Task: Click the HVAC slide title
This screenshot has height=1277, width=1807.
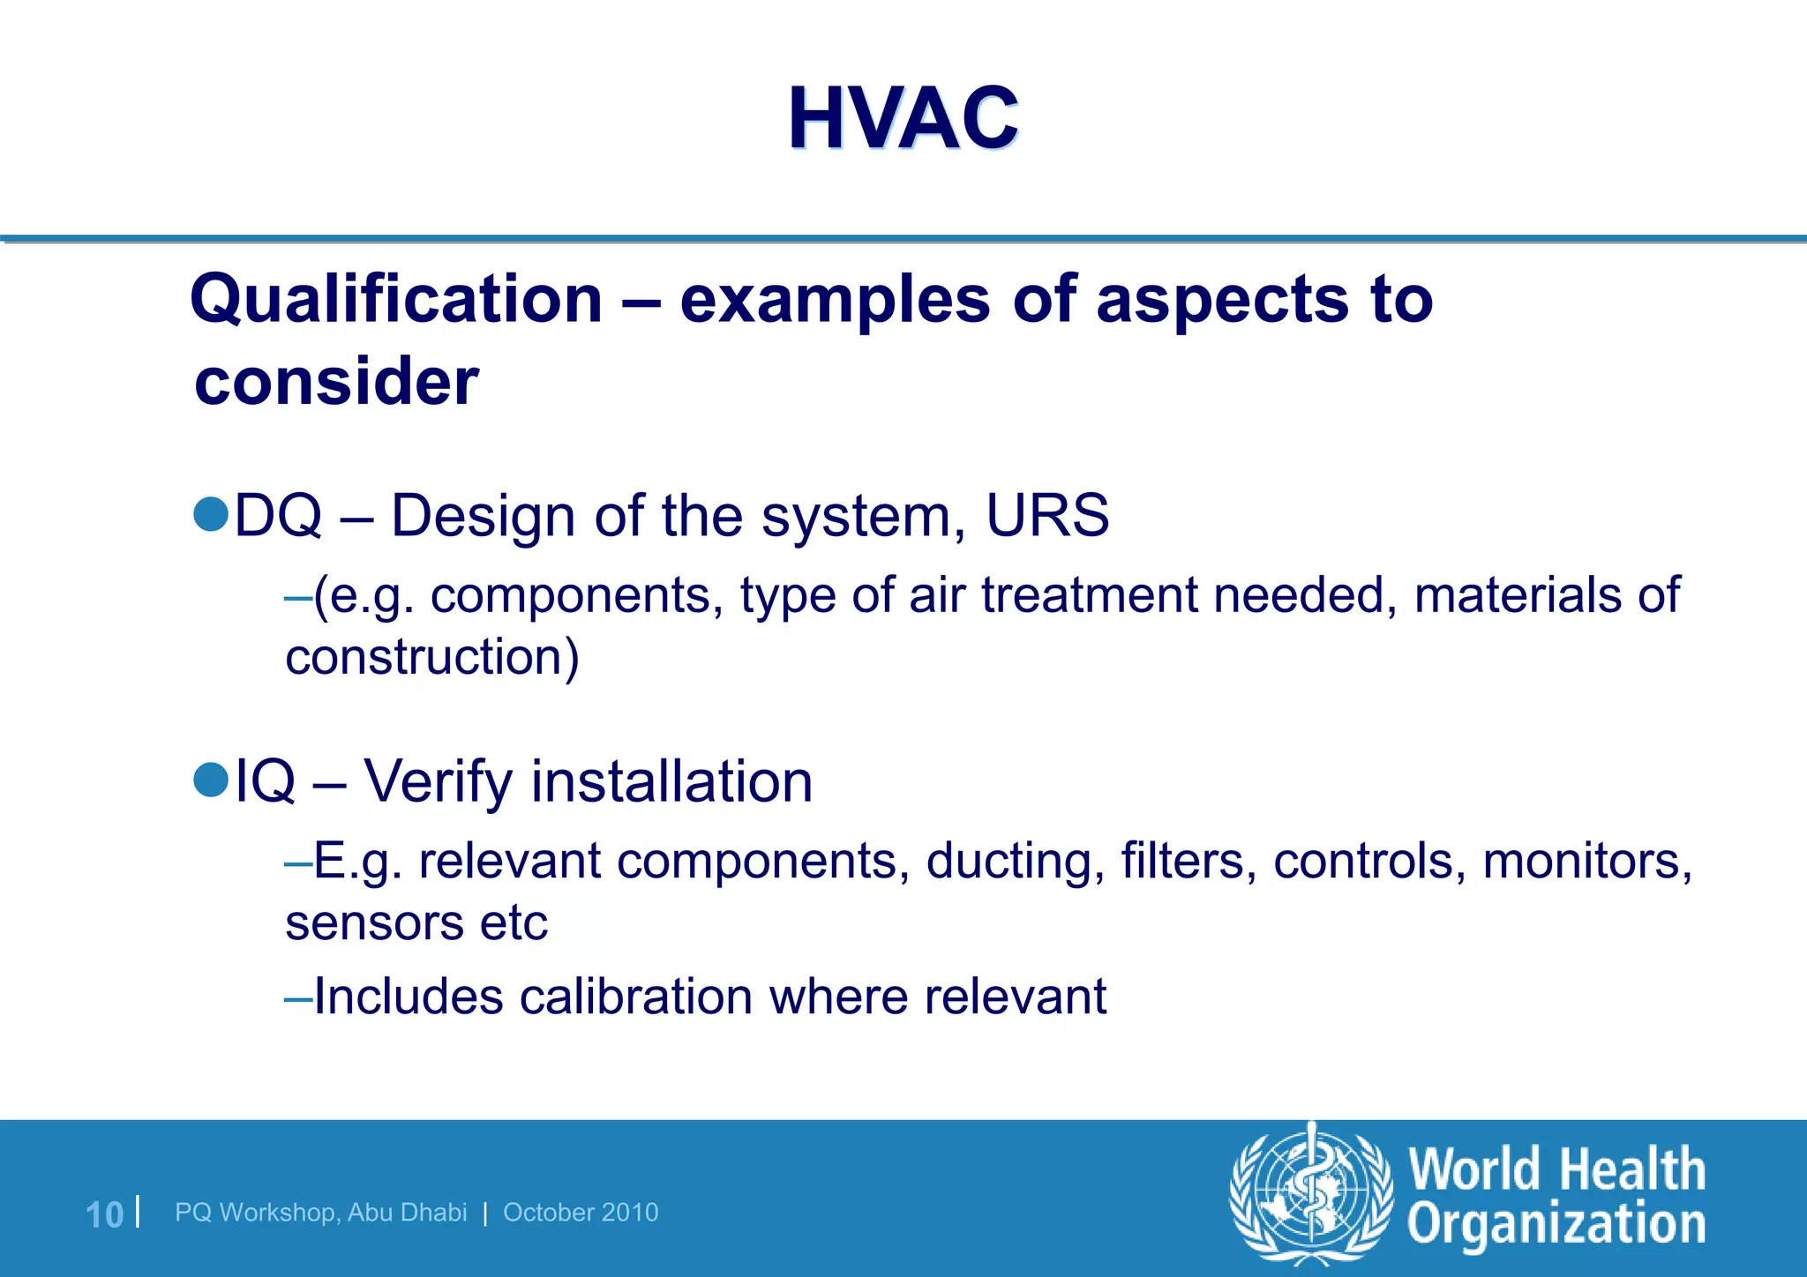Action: click(x=903, y=119)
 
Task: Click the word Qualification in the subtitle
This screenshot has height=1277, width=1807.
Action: click(x=396, y=300)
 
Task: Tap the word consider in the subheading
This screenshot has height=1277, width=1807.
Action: click(x=336, y=382)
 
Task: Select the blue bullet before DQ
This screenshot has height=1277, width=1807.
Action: click(x=211, y=514)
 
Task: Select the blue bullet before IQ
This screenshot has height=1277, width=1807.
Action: click(x=211, y=780)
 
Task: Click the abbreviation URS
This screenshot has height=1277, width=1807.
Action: click(x=1046, y=515)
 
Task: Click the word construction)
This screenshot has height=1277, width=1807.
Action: click(x=432, y=658)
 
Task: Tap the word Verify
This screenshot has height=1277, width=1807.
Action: click(x=438, y=781)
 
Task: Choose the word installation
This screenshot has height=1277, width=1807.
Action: click(x=671, y=781)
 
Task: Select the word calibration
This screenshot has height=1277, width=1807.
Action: click(x=635, y=997)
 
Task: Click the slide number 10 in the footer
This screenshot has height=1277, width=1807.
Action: click(x=104, y=1214)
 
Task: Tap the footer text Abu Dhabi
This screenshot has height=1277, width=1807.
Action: click(x=407, y=1213)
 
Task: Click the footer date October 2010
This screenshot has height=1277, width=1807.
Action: click(x=581, y=1213)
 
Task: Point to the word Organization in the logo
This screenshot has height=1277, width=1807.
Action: click(x=1556, y=1225)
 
